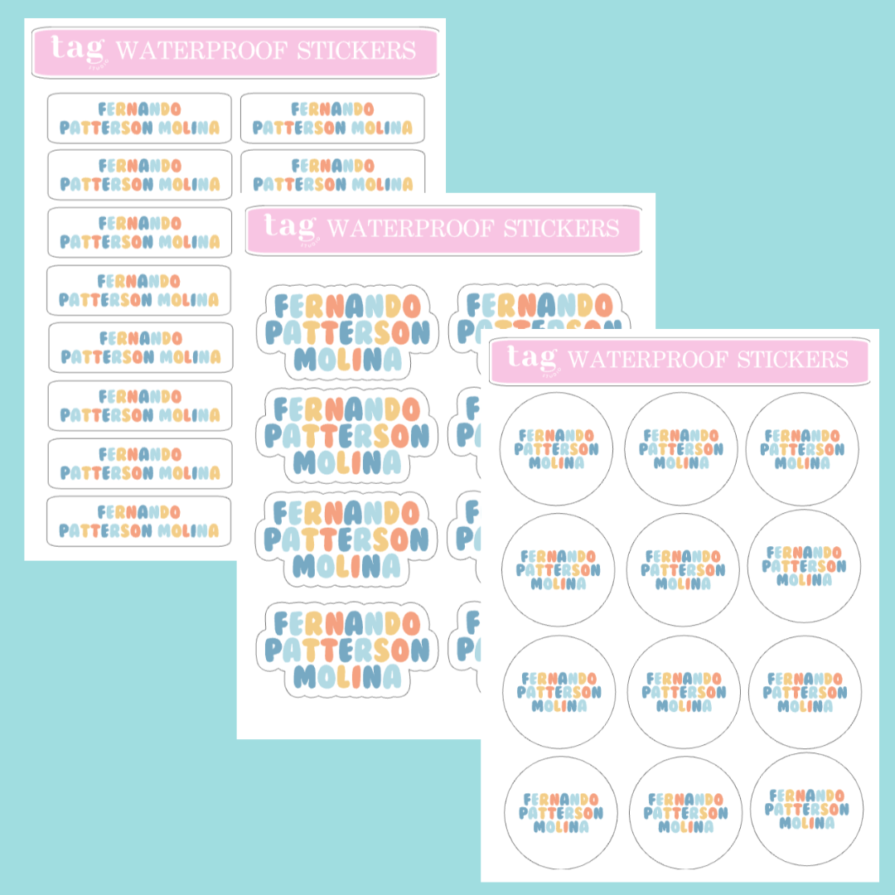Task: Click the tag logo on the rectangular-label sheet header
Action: coord(79,51)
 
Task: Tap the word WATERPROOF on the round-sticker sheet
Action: coord(648,360)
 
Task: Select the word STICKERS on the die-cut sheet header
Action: coord(561,229)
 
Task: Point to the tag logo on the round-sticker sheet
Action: coord(534,360)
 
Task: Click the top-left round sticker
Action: coord(557,448)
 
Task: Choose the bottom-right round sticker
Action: coord(806,810)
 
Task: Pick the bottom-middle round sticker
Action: coord(685,813)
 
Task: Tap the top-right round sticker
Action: coord(802,449)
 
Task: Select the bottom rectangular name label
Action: coord(138,521)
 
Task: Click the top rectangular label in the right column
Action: coord(332,119)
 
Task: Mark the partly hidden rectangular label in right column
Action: coord(333,172)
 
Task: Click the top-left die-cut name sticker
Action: coord(347,332)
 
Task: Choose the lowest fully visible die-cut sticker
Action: coord(347,650)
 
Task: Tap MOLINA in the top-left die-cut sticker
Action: coord(347,360)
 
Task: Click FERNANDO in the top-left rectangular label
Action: coord(139,109)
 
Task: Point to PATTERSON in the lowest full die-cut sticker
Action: coord(347,651)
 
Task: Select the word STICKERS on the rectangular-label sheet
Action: coord(356,51)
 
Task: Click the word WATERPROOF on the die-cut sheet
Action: coord(409,229)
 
